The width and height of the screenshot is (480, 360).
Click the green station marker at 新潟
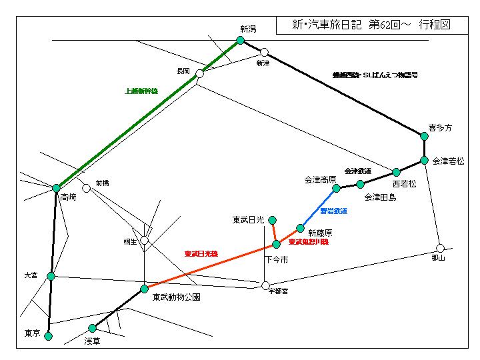(x=241, y=40)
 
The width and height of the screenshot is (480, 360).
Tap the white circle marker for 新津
(x=265, y=52)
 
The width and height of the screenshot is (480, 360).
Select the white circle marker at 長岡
(x=199, y=74)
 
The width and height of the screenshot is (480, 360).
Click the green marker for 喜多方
(x=424, y=136)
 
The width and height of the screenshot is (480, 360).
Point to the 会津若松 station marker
(x=424, y=160)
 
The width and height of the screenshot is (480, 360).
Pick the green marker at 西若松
(x=396, y=172)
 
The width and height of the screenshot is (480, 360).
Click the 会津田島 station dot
(x=360, y=184)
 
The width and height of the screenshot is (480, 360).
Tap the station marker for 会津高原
(x=337, y=188)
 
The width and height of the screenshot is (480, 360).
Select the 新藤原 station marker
(x=300, y=228)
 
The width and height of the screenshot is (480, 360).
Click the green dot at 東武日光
(x=272, y=219)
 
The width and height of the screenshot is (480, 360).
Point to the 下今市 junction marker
(x=276, y=244)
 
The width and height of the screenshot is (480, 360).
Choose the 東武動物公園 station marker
(x=144, y=289)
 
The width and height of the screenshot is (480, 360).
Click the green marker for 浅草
(x=92, y=328)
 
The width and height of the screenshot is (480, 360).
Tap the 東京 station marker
(x=48, y=336)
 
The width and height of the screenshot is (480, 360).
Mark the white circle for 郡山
(x=440, y=248)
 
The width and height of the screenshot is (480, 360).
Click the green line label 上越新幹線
(x=141, y=91)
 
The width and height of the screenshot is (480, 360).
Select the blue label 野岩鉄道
(x=333, y=211)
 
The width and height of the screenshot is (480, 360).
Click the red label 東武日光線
(x=201, y=254)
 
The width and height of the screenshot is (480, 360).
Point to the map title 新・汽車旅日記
(x=327, y=25)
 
